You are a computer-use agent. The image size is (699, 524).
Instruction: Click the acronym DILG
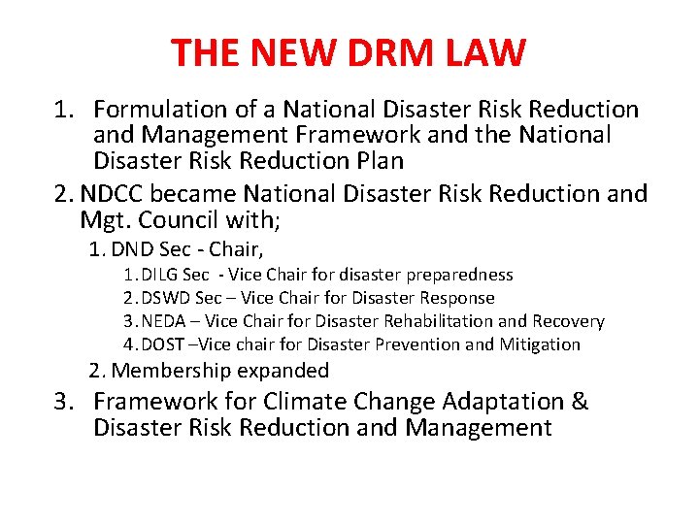pos(164,276)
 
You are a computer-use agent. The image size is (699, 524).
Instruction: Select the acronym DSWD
pos(167,298)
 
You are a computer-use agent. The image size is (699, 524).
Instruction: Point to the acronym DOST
pos(166,344)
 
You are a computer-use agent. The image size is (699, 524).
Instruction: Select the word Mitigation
pos(540,344)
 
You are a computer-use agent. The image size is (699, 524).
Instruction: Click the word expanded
pos(282,371)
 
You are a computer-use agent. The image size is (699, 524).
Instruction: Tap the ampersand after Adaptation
pos(579,401)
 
